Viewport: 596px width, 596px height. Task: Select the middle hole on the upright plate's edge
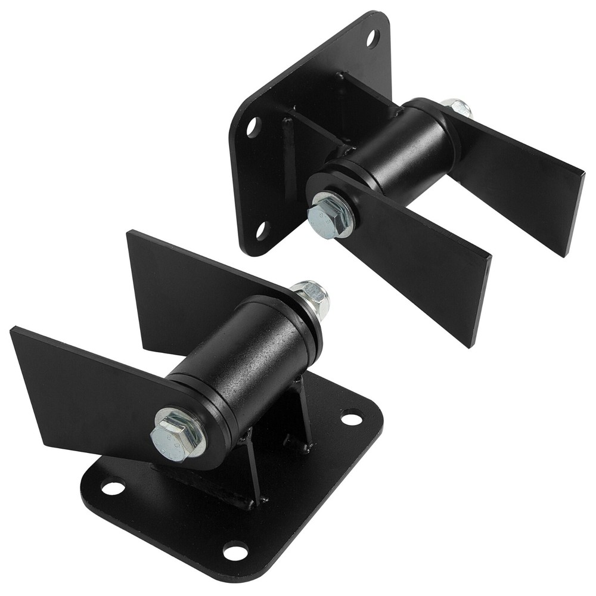click(x=253, y=127)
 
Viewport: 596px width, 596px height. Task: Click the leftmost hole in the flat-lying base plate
click(x=113, y=488)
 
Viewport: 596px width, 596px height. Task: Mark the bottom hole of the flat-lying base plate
click(x=235, y=551)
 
